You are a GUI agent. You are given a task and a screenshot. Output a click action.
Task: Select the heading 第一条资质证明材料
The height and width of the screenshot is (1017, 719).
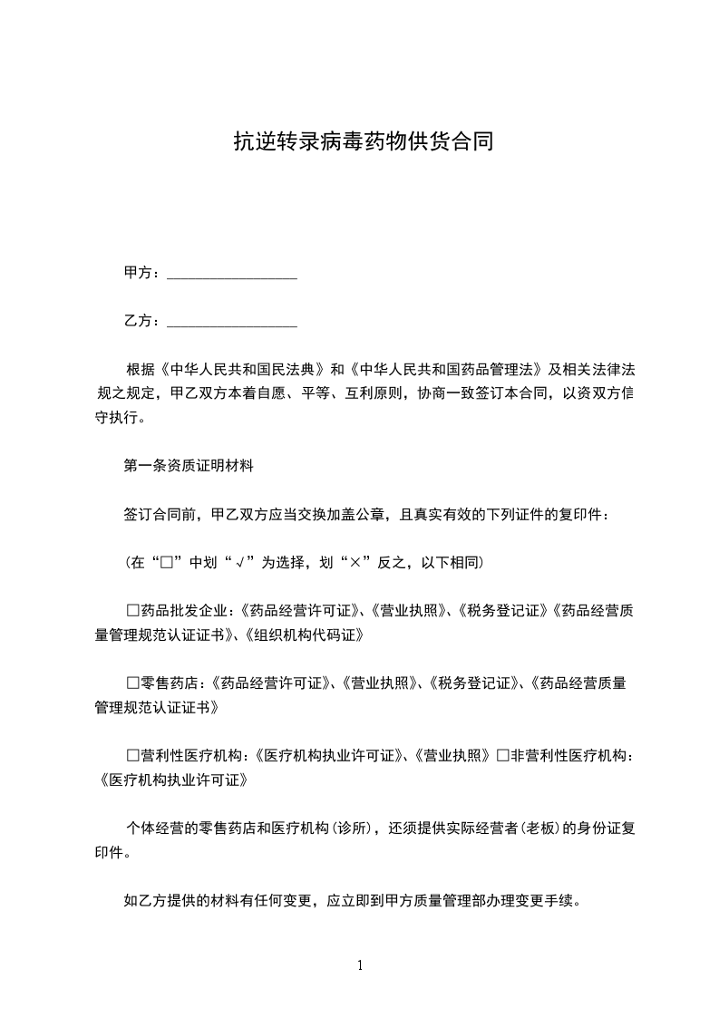click(x=189, y=467)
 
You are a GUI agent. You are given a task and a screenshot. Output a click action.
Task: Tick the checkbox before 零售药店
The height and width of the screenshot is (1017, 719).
click(x=132, y=683)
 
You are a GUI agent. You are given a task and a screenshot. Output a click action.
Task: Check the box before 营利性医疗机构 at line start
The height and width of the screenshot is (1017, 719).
click(x=132, y=756)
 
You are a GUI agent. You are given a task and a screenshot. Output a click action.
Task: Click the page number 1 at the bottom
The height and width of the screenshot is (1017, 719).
click(x=360, y=966)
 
